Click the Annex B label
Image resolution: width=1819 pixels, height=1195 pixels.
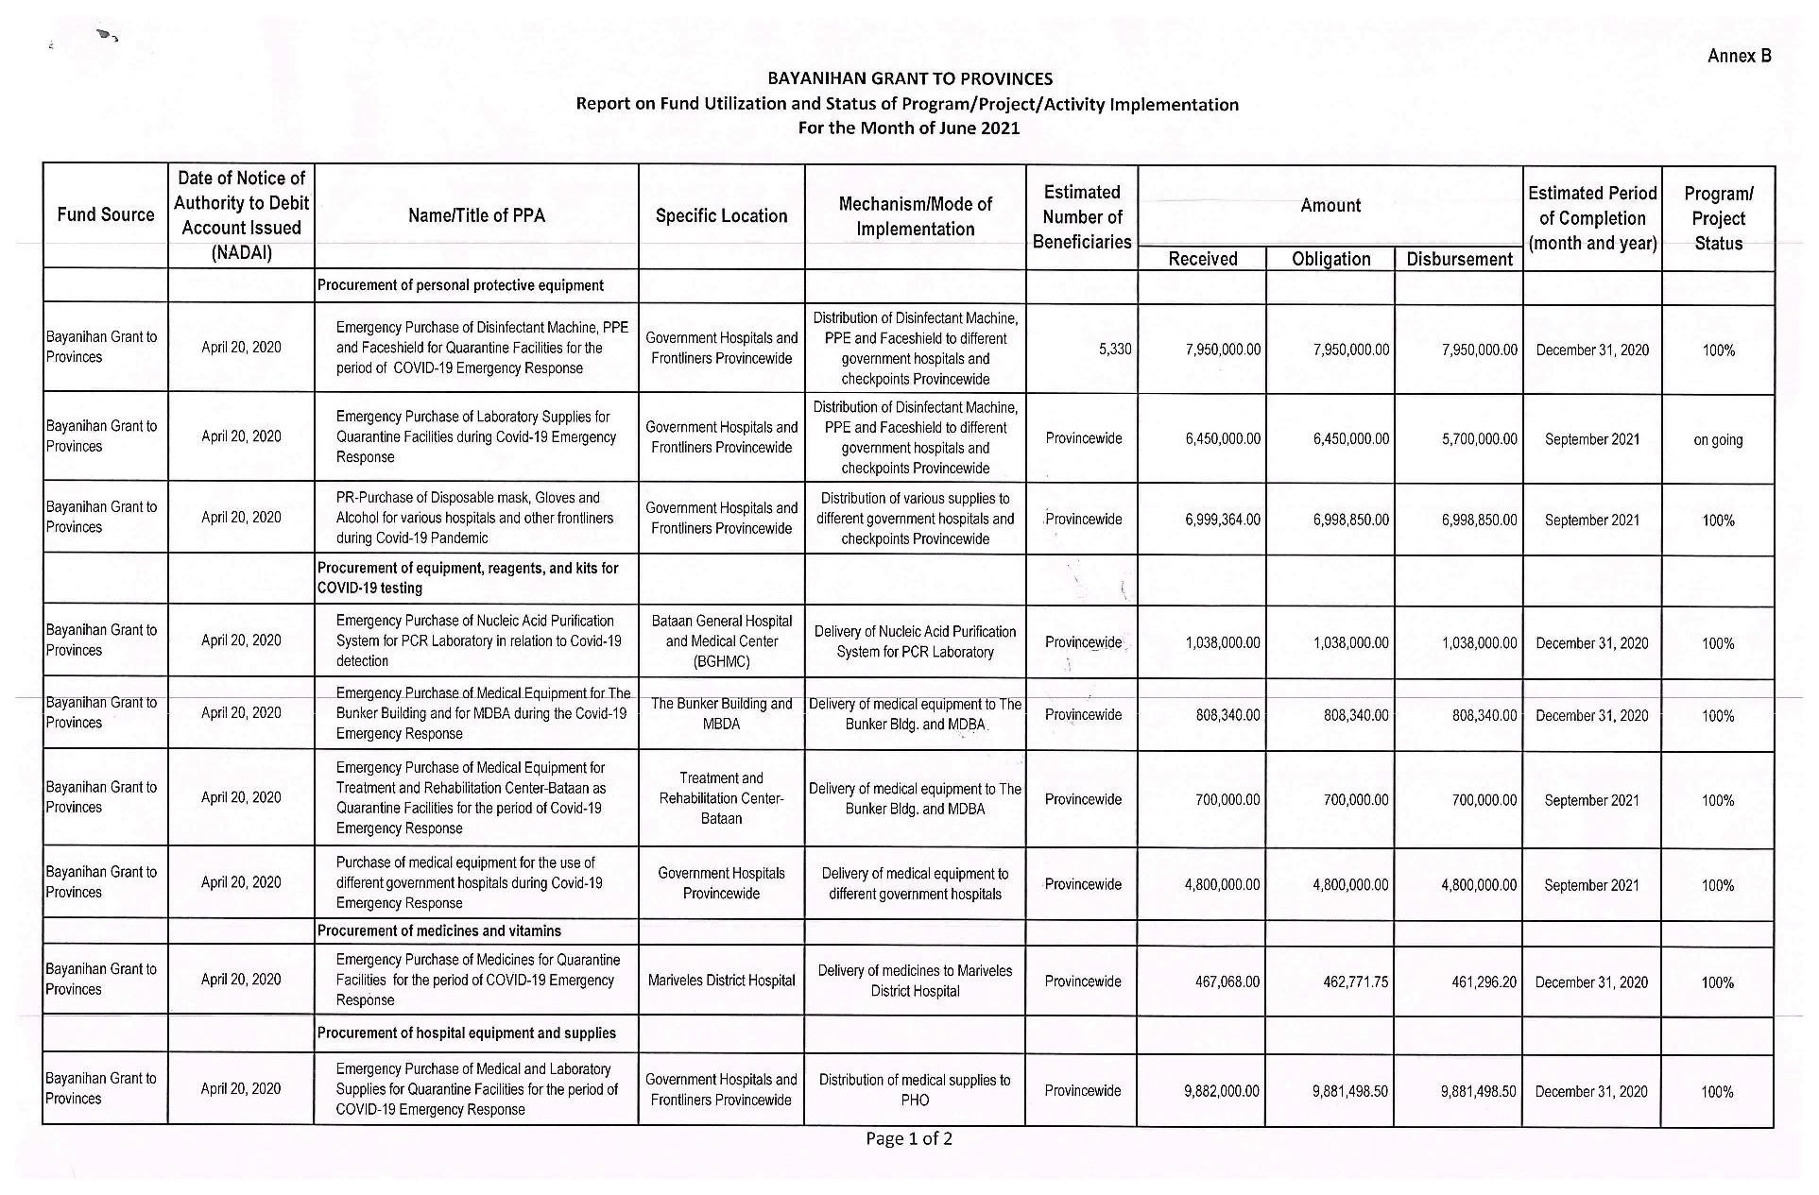1738,56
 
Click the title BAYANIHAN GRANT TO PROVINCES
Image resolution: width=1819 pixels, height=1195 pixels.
909,78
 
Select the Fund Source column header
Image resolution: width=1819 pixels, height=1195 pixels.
105,214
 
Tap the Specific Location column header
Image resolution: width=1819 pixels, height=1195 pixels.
721,215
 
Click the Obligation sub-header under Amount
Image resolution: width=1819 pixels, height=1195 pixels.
1330,259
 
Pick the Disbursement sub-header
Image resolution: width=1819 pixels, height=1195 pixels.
1459,259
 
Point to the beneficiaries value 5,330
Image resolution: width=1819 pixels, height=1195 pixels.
1115,349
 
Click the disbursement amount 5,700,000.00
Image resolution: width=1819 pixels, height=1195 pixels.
1479,439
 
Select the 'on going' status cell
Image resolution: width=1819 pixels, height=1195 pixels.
1717,439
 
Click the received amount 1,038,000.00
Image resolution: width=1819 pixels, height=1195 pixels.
1222,643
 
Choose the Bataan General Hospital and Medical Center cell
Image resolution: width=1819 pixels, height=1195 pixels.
721,641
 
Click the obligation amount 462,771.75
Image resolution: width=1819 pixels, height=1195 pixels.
1350,982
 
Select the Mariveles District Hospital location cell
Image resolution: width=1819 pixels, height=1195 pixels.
721,981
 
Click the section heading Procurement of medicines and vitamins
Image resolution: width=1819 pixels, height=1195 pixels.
438,931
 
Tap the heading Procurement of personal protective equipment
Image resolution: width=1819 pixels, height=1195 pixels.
460,285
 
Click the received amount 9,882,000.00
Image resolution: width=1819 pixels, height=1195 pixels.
1221,1091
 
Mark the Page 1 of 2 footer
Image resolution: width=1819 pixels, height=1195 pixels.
909,1138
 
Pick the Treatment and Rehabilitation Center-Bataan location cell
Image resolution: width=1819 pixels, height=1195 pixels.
721,798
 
